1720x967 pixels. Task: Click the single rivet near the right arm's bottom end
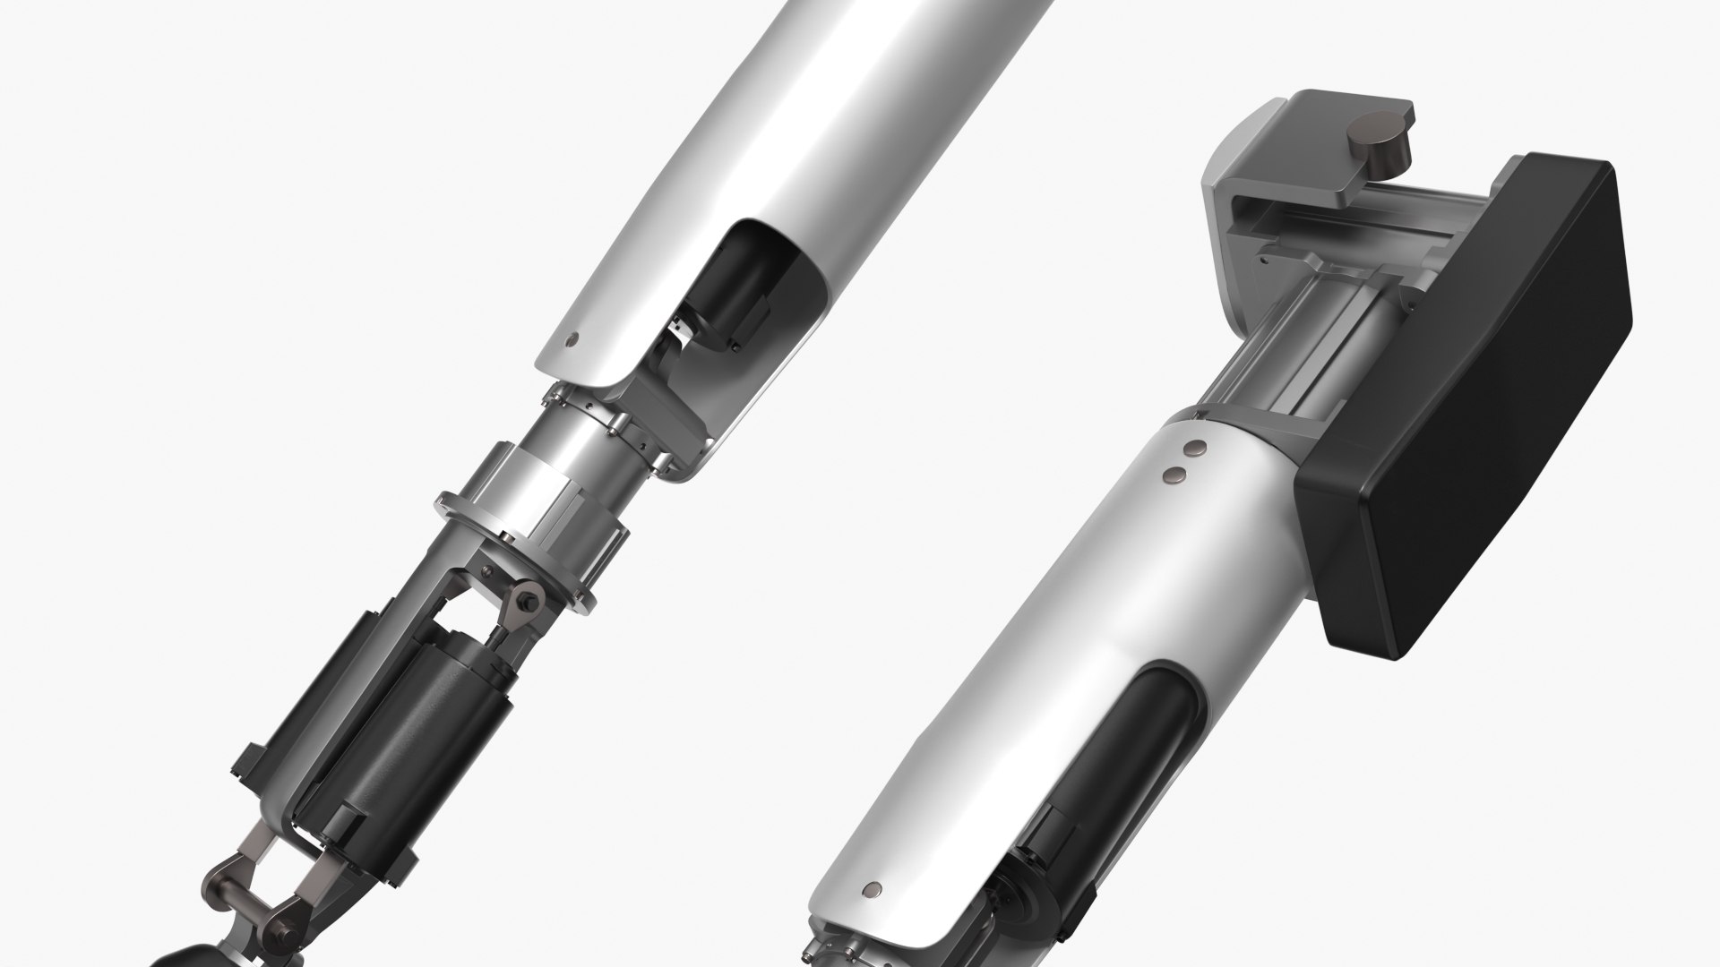tap(872, 865)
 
